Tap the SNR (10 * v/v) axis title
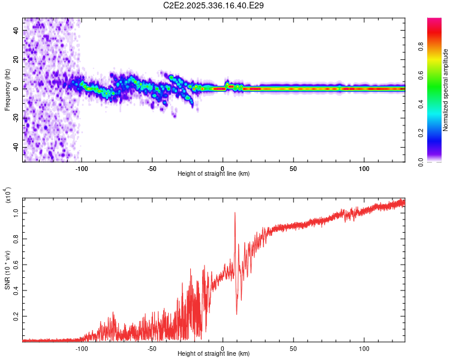(x=7, y=269)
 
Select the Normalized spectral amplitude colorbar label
(x=446, y=90)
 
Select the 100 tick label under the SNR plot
(x=364, y=349)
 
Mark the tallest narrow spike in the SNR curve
(x=235, y=213)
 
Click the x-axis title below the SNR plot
(x=214, y=354)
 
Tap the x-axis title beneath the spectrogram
(x=214, y=174)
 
